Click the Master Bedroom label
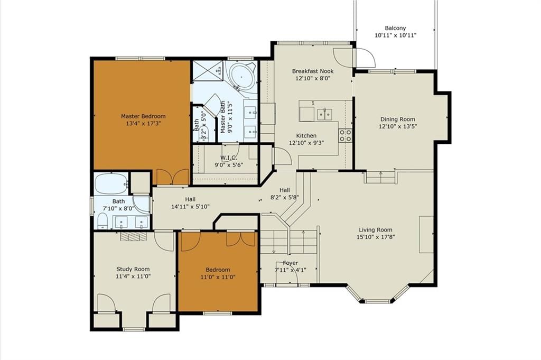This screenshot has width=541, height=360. [x=143, y=116]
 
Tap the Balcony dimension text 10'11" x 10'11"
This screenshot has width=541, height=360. [x=395, y=35]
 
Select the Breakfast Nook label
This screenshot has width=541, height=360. [x=313, y=71]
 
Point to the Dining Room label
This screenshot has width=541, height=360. [x=398, y=119]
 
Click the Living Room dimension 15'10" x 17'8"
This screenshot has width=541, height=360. [x=376, y=237]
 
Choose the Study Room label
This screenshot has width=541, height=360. [x=133, y=269]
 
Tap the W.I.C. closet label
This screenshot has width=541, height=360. [x=229, y=158]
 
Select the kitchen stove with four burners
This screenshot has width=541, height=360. [x=345, y=135]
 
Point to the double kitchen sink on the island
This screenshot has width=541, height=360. [x=324, y=114]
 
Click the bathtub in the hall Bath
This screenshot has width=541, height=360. [x=111, y=183]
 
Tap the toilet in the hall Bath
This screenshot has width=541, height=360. [x=102, y=221]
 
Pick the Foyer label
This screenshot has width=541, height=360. [x=290, y=263]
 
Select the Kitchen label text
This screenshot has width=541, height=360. [x=306, y=136]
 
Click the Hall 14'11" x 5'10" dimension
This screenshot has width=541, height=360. [x=190, y=206]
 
